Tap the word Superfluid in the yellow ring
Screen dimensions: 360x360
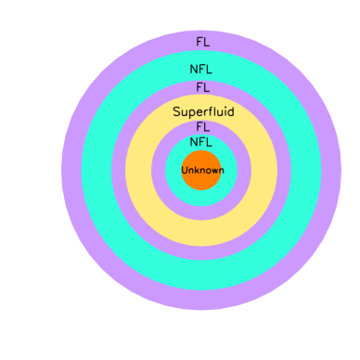point(201,111)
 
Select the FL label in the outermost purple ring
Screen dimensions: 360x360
point(201,42)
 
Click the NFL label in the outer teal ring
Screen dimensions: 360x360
point(201,69)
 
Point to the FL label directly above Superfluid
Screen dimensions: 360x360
point(201,87)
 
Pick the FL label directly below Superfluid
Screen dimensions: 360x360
point(201,126)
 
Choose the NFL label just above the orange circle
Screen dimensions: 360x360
point(201,142)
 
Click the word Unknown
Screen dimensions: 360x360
point(201,171)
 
